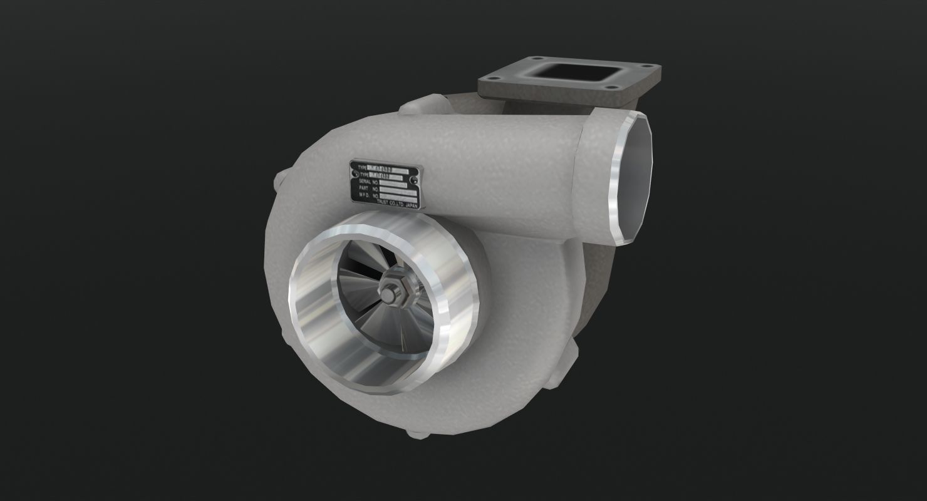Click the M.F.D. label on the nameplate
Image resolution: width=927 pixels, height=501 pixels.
tap(365, 194)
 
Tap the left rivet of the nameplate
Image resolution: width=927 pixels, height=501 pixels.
tap(354, 173)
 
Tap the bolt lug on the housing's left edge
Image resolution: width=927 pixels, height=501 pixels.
tap(279, 183)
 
